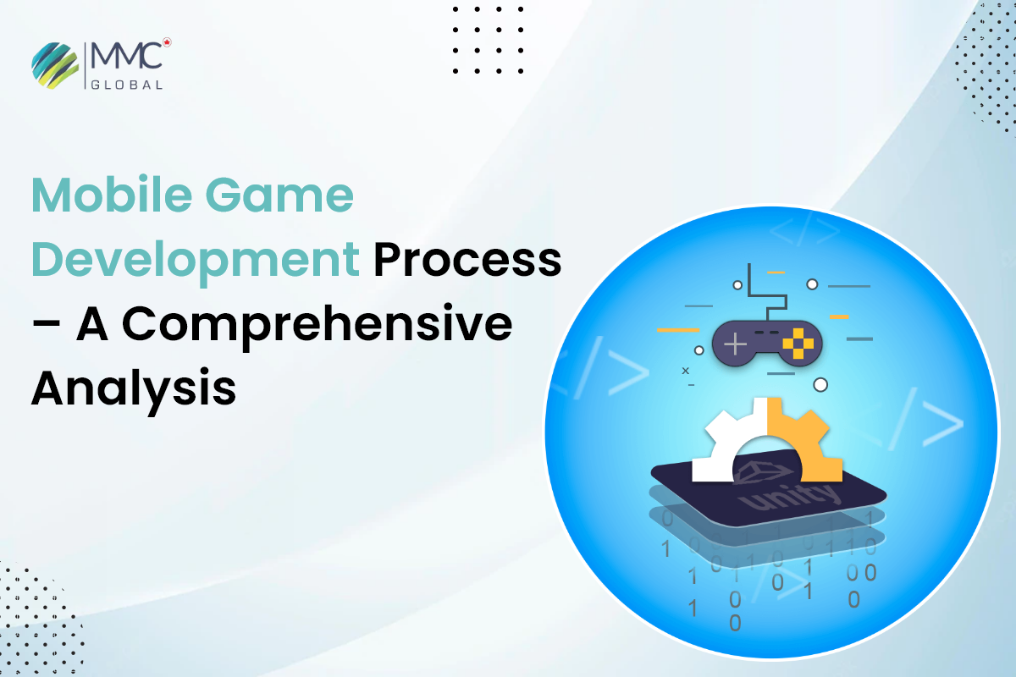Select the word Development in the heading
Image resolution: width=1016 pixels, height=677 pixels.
coord(196,261)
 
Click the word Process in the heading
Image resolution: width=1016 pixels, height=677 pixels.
coord(467,261)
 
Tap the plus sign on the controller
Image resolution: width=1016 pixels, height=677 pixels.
coord(734,344)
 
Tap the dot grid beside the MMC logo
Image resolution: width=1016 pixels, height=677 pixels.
coord(488,40)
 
